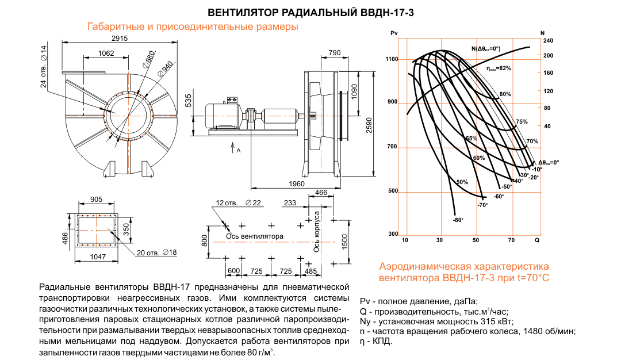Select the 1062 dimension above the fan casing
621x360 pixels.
(x=106, y=53)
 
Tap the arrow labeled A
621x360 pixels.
(x=234, y=148)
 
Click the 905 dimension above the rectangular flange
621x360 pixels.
(x=96, y=200)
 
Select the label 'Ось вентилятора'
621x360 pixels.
(x=254, y=236)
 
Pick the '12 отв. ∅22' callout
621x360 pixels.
(x=238, y=203)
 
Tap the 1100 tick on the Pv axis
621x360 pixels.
(x=392, y=59)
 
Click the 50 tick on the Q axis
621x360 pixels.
(x=476, y=239)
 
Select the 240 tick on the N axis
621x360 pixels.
(x=548, y=41)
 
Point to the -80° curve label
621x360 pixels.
(x=458, y=220)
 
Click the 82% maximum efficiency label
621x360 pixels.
(x=499, y=68)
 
